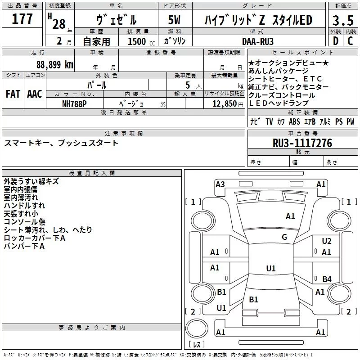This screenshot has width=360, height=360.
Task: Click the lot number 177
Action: (22, 19)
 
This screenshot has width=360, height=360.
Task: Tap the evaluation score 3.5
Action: (342, 21)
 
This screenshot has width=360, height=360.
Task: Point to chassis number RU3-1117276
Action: (302, 144)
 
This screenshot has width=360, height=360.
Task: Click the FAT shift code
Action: (13, 94)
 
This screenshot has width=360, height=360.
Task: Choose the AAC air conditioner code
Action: (35, 94)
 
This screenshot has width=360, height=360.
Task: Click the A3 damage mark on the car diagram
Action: (220, 184)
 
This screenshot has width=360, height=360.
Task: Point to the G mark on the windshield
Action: (284, 237)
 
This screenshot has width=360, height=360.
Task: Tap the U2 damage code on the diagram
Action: (327, 241)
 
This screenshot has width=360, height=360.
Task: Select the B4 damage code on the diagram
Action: (327, 279)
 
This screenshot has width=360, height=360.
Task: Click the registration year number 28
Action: (59, 23)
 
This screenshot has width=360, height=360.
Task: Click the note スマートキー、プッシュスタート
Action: (61, 143)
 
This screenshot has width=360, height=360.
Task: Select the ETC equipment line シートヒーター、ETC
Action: (285, 79)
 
